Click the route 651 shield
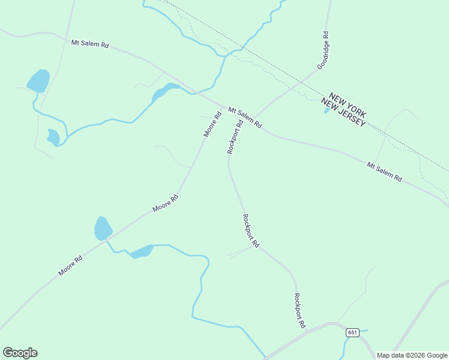point(352,332)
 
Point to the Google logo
point(20,353)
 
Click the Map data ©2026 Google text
point(412,355)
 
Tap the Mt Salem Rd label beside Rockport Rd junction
point(245,118)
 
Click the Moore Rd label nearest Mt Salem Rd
point(212,124)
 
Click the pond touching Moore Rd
point(103,229)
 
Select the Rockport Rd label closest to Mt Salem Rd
point(235,137)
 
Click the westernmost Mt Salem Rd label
point(89,44)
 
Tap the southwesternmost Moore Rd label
point(70,266)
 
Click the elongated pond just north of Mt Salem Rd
point(163,92)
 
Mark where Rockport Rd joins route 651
point(307,330)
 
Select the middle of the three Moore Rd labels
point(165,203)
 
